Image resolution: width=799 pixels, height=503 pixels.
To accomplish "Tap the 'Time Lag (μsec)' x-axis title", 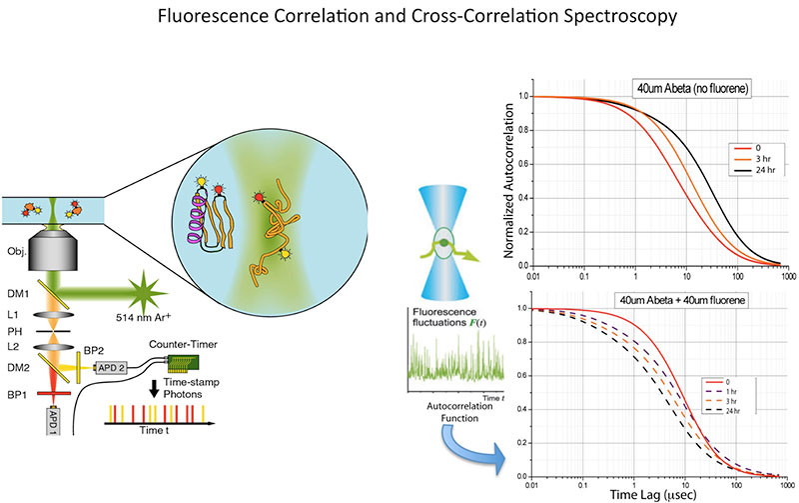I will coord(657,494).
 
